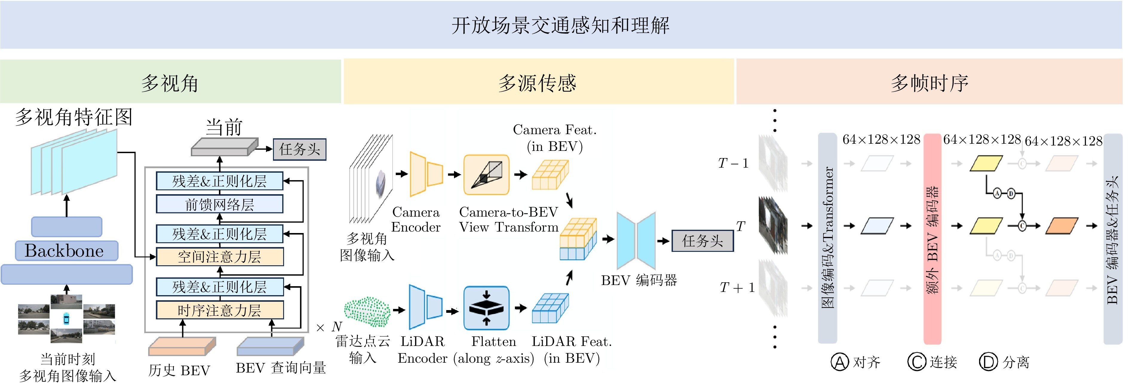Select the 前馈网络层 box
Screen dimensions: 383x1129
[219, 204]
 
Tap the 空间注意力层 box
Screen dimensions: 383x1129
[219, 257]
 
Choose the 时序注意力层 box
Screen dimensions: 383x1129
[219, 310]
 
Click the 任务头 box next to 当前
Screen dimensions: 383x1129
[299, 149]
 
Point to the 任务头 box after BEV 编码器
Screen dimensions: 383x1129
[702, 240]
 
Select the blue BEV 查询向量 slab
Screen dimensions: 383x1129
[270, 347]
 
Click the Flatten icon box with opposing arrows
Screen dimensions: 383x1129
[486, 308]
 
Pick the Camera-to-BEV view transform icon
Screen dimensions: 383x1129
[486, 175]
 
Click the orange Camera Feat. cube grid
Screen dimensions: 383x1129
[550, 175]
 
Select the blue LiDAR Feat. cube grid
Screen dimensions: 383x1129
[550, 308]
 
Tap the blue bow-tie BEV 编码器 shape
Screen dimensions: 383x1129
[636, 240]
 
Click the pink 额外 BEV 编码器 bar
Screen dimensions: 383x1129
[932, 239]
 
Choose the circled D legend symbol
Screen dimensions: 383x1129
[988, 362]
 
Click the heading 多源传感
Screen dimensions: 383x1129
[537, 83]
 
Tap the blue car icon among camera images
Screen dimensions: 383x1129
[66, 318]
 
